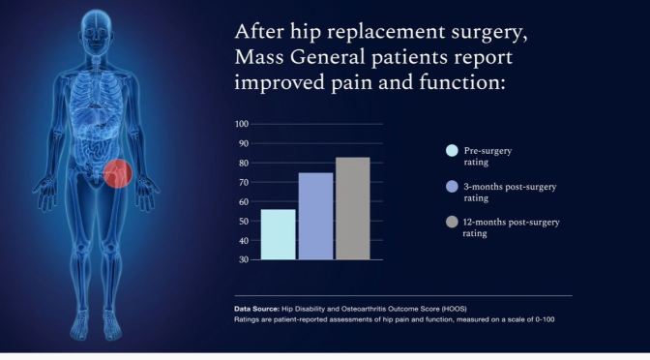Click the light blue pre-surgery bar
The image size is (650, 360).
tap(278, 234)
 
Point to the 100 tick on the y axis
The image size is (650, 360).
tap(242, 124)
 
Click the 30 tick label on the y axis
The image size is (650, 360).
tap(243, 259)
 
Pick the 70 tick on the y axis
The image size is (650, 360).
tap(243, 182)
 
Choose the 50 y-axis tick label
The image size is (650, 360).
tap(243, 221)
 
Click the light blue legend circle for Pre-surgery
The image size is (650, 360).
tap(451, 150)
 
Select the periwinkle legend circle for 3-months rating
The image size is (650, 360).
tap(451, 186)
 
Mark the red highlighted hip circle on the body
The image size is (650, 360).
tap(117, 174)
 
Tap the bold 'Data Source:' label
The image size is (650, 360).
tap(263, 309)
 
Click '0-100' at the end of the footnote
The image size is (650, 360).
tap(567, 319)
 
